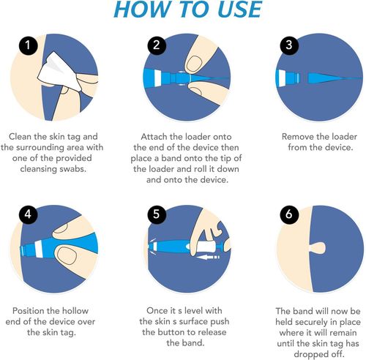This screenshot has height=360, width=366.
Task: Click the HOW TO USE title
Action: pos(184,10)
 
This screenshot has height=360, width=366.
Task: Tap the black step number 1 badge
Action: pos(28,47)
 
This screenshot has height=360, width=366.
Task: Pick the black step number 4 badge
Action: pos(28,215)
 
